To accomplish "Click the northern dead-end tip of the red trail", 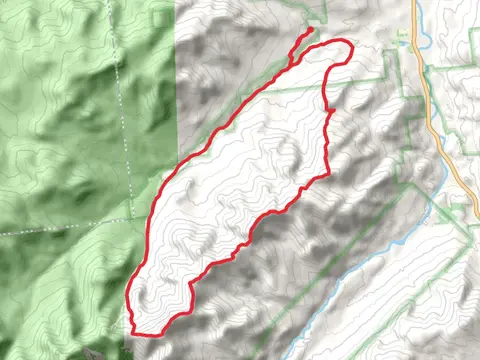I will [311, 30].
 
